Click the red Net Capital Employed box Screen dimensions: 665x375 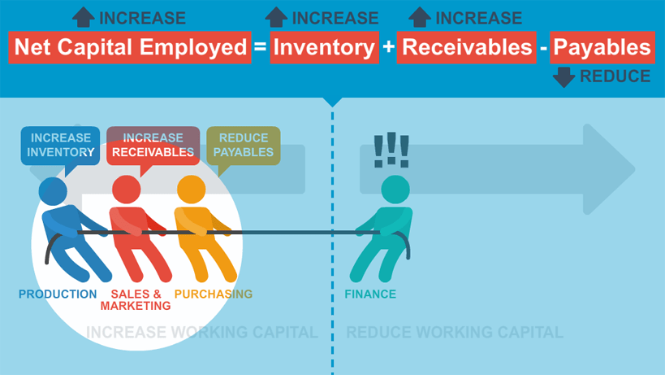pos(130,47)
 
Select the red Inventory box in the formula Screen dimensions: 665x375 pos(325,47)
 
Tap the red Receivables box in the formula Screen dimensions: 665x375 pos(467,47)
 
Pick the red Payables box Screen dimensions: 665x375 pos(602,47)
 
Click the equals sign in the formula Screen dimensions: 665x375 pos(260,46)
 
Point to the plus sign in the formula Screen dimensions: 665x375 pos(388,46)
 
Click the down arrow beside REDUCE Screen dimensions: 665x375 pos(564,77)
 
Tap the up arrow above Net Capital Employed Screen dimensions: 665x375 pos(83,17)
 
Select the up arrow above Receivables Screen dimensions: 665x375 pos(420,17)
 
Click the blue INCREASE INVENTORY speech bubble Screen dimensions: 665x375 pos(60,146)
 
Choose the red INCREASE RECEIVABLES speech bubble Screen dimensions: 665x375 pos(153,146)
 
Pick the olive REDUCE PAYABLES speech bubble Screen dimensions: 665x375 pos(244,146)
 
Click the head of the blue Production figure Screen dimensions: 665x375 pos(53,191)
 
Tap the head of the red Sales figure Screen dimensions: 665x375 pos(127,190)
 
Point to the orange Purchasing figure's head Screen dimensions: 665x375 pos(192,190)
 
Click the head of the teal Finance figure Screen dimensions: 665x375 pos(395,190)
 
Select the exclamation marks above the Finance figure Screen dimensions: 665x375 pos(391,150)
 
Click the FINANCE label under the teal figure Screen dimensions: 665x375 pos(370,294)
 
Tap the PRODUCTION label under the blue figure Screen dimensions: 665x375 pos(58,294)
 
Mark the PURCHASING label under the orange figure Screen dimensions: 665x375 pos(214,294)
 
